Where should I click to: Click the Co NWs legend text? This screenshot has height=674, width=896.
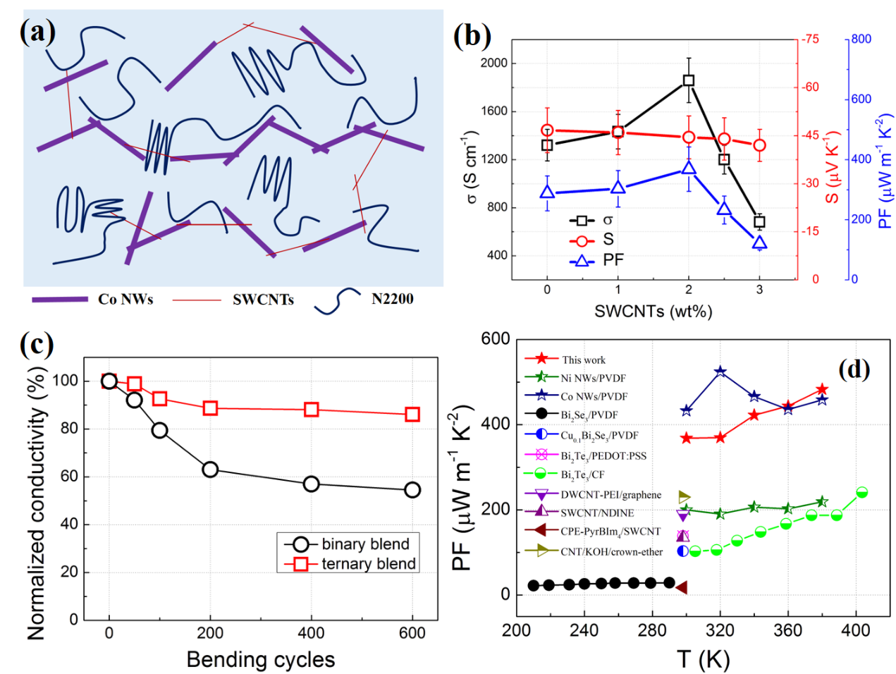pos(125,299)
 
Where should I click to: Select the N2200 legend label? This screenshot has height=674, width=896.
pos(392,299)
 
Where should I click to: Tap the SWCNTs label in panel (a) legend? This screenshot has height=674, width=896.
pos(263,300)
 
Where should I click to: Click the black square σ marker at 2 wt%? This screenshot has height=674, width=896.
pos(689,80)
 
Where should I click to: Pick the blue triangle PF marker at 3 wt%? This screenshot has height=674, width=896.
pos(759,243)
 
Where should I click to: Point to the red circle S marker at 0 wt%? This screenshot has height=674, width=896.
pos(547,130)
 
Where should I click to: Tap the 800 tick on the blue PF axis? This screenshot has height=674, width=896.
pos(861,39)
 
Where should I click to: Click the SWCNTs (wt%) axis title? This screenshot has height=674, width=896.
pos(653,311)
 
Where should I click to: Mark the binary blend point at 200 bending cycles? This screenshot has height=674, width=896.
pos(210,470)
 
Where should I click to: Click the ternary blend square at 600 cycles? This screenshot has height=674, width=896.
pos(412,415)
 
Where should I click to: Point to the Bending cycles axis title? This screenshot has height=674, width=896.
pos(260,659)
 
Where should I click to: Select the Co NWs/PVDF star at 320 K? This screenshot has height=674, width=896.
pos(720,372)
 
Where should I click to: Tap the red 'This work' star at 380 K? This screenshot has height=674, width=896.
pos(822,389)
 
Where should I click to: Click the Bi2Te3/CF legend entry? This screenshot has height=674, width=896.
pos(582,475)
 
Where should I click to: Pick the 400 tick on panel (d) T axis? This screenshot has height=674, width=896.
pos(856,630)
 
